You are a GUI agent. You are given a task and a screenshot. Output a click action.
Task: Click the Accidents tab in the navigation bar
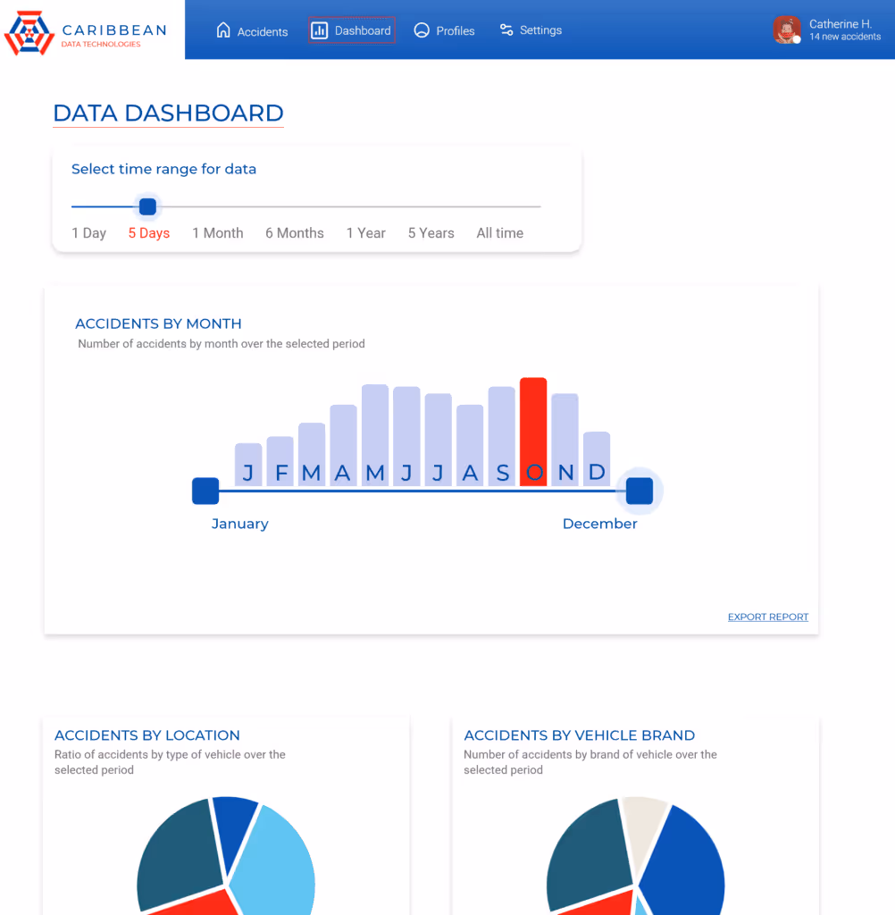(x=252, y=31)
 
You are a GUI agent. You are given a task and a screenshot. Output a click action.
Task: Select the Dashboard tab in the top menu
(x=352, y=30)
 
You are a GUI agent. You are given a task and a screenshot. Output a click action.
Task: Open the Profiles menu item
(x=444, y=30)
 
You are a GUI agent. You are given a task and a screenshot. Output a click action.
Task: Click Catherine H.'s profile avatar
(x=787, y=29)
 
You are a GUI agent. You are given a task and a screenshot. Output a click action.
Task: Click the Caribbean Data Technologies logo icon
(x=29, y=32)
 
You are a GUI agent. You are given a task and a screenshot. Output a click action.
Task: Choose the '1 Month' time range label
(x=218, y=233)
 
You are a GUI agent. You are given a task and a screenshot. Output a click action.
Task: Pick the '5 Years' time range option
(x=431, y=233)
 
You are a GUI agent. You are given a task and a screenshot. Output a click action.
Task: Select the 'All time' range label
(x=499, y=233)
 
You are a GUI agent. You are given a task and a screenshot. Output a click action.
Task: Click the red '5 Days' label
(x=148, y=233)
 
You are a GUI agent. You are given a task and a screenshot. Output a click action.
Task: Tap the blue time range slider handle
(x=148, y=207)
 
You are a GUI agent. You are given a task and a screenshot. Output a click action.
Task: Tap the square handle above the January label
(x=205, y=491)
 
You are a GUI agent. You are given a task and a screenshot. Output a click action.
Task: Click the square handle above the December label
(x=640, y=491)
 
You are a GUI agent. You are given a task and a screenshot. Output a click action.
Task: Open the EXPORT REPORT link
(x=767, y=617)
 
